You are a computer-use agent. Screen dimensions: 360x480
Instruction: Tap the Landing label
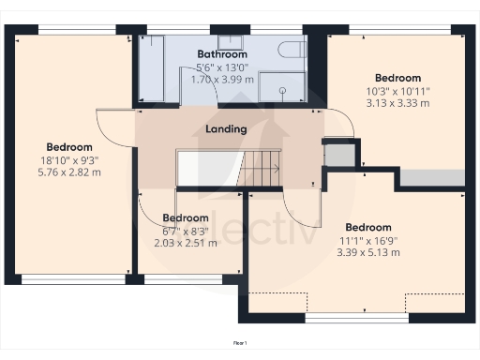pyautogui.click(x=225, y=129)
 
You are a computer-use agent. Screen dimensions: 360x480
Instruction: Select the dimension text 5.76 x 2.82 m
pyautogui.click(x=70, y=172)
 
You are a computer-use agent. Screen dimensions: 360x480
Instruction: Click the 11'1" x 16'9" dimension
pyautogui.click(x=367, y=239)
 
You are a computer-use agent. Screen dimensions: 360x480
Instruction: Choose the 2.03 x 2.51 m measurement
pyautogui.click(x=185, y=243)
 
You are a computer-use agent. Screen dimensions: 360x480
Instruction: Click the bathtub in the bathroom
pyautogui.click(x=150, y=70)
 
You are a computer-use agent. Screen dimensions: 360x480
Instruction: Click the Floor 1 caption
pyautogui.click(x=240, y=343)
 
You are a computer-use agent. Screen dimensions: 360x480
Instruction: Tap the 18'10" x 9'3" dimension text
pyautogui.click(x=70, y=159)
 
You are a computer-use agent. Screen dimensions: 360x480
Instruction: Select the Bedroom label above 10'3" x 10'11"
pyautogui.click(x=397, y=78)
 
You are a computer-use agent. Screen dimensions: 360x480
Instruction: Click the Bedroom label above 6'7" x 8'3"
pyautogui.click(x=185, y=218)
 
